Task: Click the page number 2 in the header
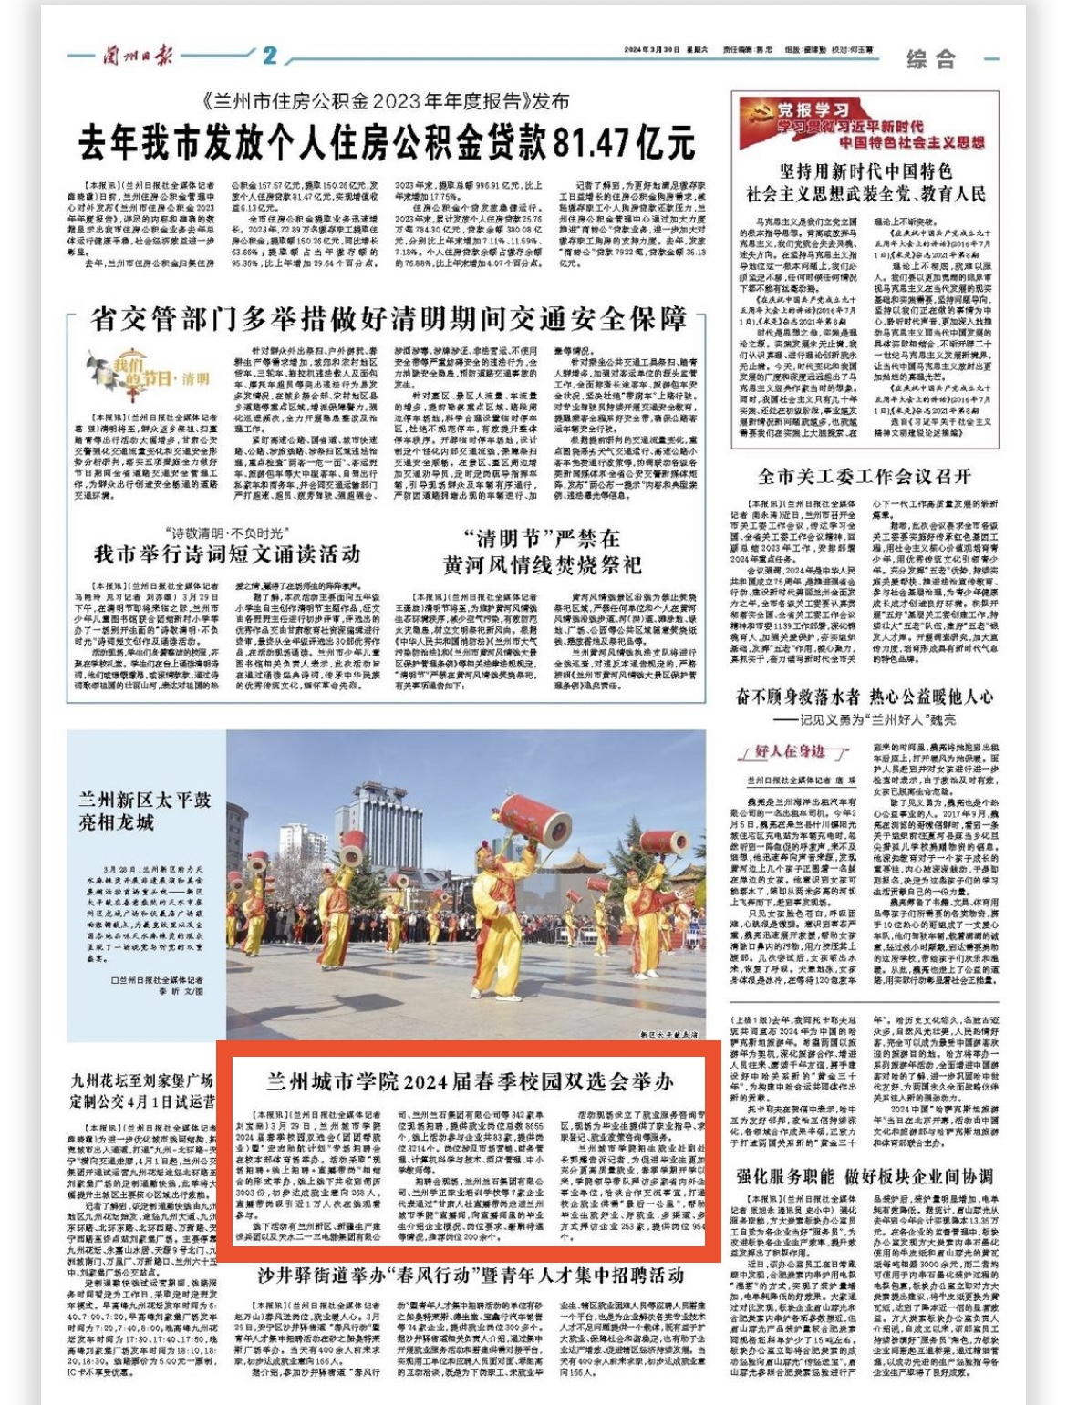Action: coord(269,56)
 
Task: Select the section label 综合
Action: coord(931,60)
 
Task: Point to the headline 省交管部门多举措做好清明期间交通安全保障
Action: coord(388,319)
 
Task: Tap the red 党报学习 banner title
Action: coord(813,111)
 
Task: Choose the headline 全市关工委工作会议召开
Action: coord(865,476)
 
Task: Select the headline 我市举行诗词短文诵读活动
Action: coord(227,553)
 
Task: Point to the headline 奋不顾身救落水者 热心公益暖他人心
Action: coord(865,697)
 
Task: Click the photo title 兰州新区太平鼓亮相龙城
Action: coord(144,811)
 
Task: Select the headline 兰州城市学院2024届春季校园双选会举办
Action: coord(470,1082)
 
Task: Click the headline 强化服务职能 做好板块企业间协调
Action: coord(865,1176)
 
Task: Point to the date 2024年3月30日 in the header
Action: coord(652,50)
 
